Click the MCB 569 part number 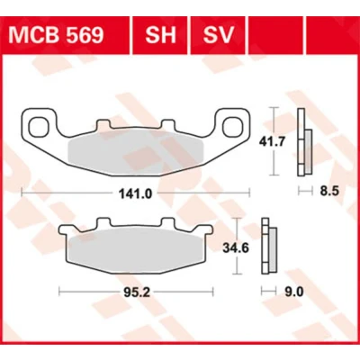[x=56, y=35]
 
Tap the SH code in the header [x=160, y=35]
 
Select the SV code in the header [x=218, y=35]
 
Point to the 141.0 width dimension [x=135, y=194]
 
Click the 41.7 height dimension [x=272, y=141]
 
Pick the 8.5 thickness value [x=329, y=191]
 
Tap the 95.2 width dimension [x=137, y=292]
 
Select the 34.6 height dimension [x=236, y=248]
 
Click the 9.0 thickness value [x=294, y=292]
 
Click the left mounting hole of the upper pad [x=40, y=126]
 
